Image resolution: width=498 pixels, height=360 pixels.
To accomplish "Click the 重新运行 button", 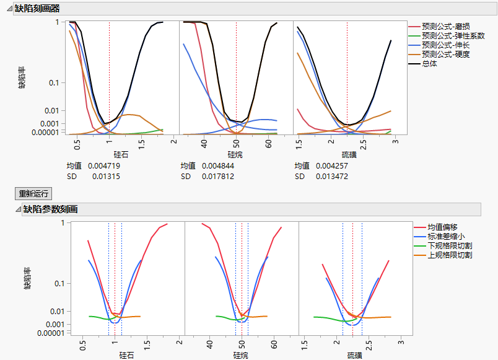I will (x=34, y=194).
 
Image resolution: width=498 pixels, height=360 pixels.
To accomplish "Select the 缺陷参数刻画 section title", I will (x=50, y=209).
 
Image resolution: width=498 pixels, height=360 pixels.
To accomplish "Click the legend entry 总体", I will (x=429, y=64).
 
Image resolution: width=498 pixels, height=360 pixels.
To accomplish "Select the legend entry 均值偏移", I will (x=442, y=227).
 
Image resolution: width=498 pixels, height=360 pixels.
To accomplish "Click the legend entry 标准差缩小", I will (x=446, y=237).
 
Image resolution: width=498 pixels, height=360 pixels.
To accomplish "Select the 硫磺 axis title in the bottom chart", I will (x=354, y=356).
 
